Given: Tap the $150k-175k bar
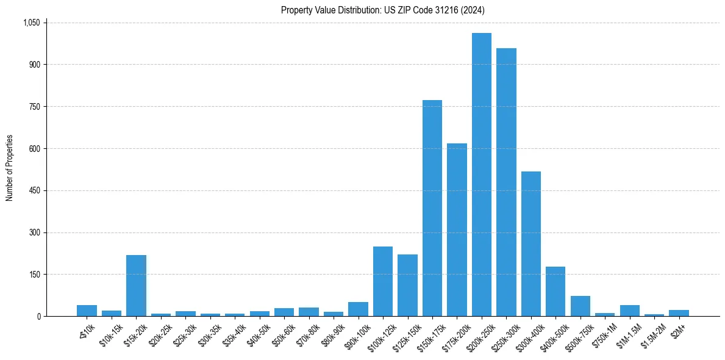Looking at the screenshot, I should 432,208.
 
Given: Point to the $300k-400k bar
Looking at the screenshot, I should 530,244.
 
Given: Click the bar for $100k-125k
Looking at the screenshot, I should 383,281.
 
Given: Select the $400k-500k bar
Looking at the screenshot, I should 555,291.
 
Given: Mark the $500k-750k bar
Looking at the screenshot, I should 580,306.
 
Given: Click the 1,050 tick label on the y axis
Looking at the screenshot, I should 31,23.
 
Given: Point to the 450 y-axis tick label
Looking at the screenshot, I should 35,190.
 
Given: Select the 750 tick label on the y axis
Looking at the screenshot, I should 35,107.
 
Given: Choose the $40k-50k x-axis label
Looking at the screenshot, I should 257,334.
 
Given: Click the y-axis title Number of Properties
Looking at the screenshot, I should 9,168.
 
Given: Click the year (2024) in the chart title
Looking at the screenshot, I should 473,10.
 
